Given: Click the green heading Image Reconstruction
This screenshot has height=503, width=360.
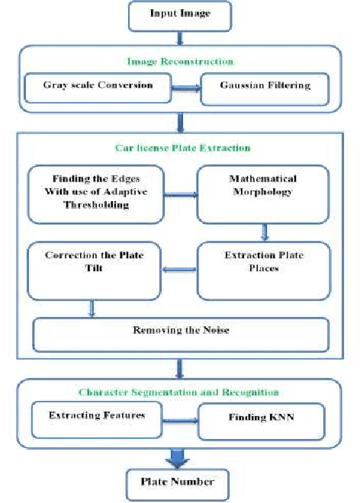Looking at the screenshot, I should point(179,61).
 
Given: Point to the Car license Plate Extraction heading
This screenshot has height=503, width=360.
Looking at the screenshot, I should point(181,147).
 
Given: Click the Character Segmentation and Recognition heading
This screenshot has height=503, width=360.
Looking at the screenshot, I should point(180,392).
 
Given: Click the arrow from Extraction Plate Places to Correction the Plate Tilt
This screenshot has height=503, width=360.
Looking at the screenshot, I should point(180,268).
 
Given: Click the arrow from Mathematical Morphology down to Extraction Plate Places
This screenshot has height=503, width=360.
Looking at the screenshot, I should point(265,231).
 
